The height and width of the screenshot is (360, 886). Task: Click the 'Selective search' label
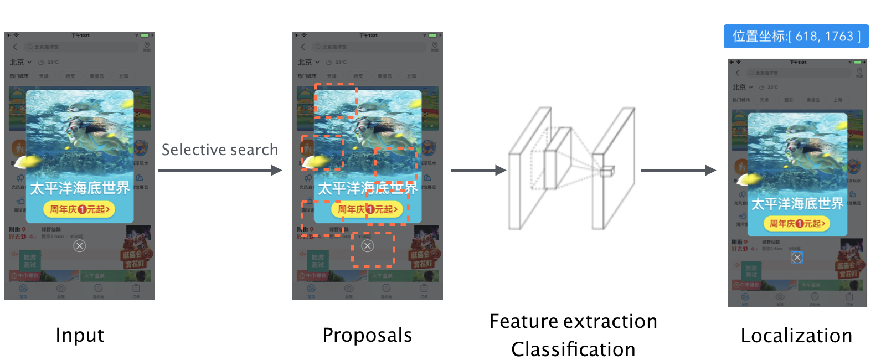pyautogui.click(x=219, y=150)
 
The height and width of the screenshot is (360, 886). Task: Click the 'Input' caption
pyautogui.click(x=80, y=335)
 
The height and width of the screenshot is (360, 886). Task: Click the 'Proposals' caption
pyautogui.click(x=367, y=335)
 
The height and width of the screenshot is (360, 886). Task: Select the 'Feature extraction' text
pyautogui.click(x=573, y=321)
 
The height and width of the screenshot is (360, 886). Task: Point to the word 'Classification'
pyautogui.click(x=573, y=349)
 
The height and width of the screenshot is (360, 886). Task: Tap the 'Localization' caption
pyautogui.click(x=796, y=336)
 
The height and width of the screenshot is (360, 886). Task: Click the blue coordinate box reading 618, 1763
pyautogui.click(x=796, y=37)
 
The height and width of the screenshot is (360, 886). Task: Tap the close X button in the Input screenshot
pyautogui.click(x=80, y=246)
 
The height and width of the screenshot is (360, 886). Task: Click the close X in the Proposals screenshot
pyautogui.click(x=368, y=246)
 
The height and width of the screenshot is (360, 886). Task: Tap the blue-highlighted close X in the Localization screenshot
pyautogui.click(x=797, y=258)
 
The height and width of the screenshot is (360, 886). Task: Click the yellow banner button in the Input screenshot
pyautogui.click(x=79, y=209)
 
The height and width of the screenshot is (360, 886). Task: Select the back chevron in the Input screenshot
pyautogui.click(x=16, y=47)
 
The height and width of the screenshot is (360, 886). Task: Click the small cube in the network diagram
pyautogui.click(x=607, y=172)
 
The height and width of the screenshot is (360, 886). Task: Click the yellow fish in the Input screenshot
pyautogui.click(x=28, y=161)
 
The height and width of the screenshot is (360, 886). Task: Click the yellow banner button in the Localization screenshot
pyautogui.click(x=797, y=223)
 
